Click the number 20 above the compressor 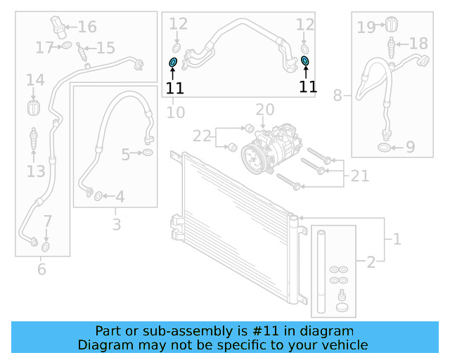pos(264,110)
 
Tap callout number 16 pos(87,27)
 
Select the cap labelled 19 pos(387,25)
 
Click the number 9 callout pos(411,148)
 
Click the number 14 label pos(35,81)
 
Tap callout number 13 pos(36,172)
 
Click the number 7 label pos(47,222)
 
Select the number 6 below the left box pos(41,268)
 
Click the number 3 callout pos(117,225)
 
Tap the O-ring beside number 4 pos(98,196)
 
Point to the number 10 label pos(175,112)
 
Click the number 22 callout pos(202,136)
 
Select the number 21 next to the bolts pos(359,176)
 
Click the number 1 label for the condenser pos(397,240)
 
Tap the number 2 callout pos(371,263)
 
